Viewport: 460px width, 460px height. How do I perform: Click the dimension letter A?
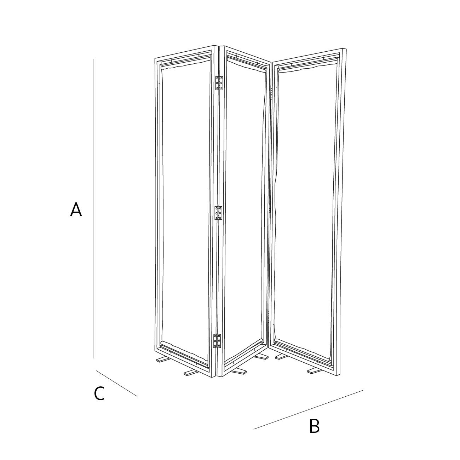(76, 210)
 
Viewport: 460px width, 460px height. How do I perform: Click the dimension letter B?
(314, 426)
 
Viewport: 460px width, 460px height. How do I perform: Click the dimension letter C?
(99, 394)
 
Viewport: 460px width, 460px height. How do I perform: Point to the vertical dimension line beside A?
(94, 209)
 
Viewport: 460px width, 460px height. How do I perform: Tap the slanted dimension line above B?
(308, 410)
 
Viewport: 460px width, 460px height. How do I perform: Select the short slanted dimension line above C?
(116, 383)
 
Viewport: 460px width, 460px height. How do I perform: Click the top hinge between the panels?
(219, 83)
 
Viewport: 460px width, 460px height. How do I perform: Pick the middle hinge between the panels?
(219, 213)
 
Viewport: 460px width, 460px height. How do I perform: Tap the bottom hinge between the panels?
(217, 341)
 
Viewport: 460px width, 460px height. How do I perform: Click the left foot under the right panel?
(282, 357)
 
